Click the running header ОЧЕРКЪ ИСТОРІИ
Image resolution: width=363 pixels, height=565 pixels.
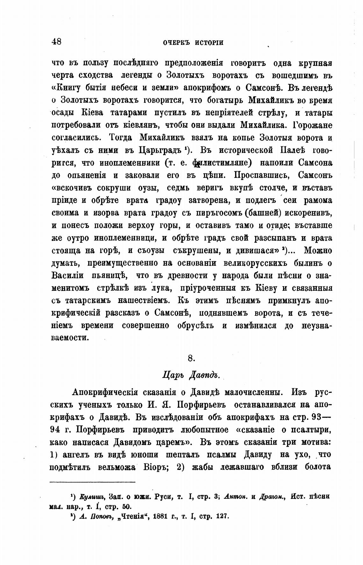click(193, 43)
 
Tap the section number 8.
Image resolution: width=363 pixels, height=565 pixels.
click(191, 358)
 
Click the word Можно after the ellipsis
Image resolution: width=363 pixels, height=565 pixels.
click(317, 251)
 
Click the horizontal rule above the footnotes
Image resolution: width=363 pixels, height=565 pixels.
click(93, 482)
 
